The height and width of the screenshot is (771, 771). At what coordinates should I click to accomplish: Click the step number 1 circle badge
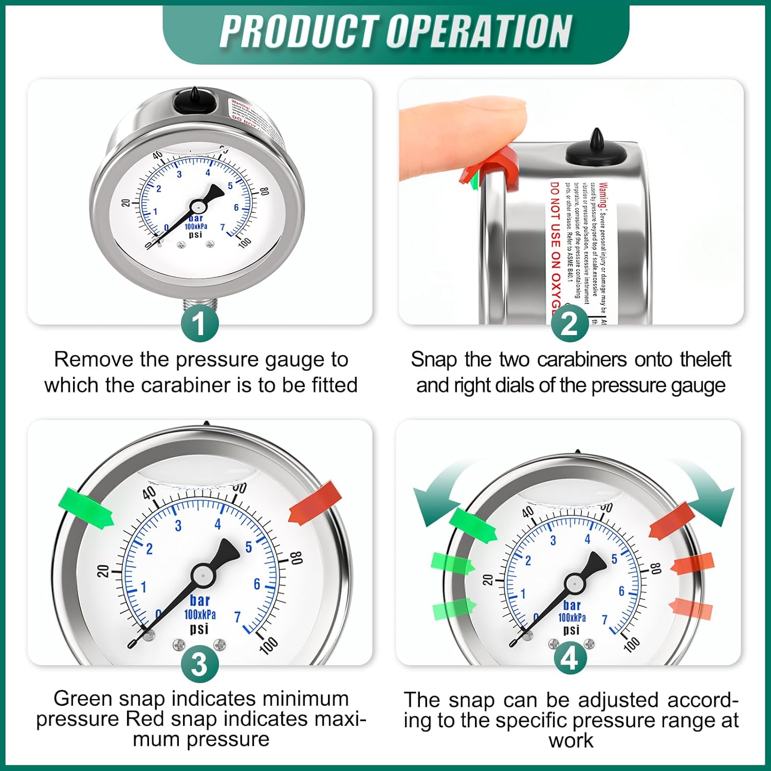199,323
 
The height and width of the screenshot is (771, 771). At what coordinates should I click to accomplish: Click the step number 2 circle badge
570,323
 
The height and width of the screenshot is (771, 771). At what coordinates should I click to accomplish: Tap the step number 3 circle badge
199,664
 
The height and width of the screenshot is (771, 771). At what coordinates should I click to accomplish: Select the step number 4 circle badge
570,658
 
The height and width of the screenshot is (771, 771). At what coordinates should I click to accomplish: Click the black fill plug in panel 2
596,152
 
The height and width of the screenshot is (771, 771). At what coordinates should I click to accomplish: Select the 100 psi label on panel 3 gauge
269,644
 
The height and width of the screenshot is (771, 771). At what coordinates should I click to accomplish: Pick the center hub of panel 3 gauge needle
202,575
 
